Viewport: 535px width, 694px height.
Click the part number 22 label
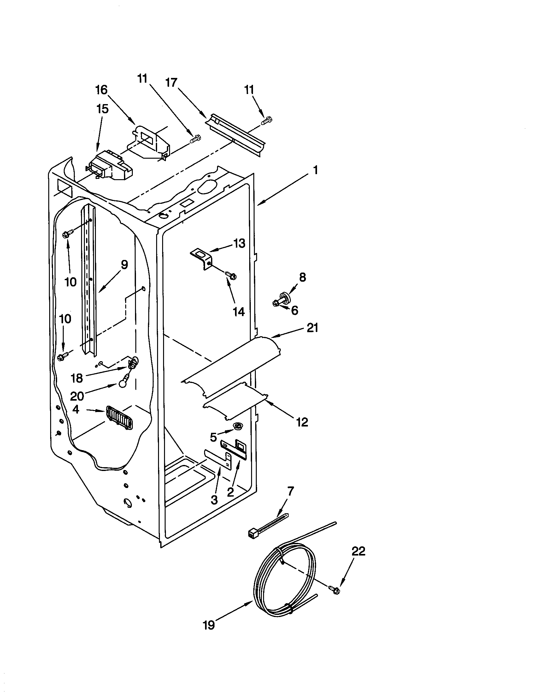(x=358, y=551)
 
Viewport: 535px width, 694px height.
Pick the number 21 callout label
(x=312, y=328)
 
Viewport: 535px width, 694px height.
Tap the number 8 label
(x=302, y=277)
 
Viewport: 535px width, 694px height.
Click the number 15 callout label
(x=102, y=109)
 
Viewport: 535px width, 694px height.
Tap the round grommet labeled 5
(x=237, y=426)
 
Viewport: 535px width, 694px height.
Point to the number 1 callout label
(x=315, y=170)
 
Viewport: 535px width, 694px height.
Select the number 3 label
(x=214, y=500)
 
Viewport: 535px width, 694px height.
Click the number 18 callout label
(x=77, y=378)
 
